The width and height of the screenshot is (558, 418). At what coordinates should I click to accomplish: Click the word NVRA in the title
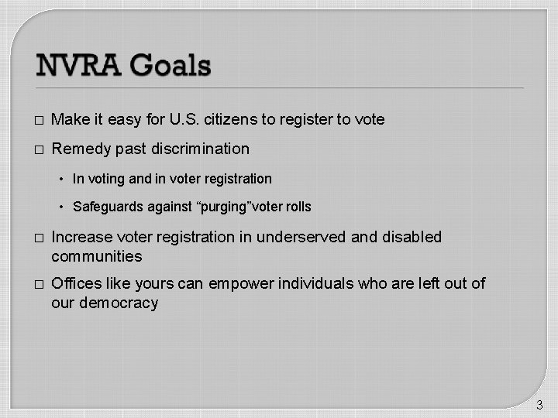78,65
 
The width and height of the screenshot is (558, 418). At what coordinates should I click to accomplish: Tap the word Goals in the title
170,65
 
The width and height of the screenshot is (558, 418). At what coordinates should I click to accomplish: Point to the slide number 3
539,404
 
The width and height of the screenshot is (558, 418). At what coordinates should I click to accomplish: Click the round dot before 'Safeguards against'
62,207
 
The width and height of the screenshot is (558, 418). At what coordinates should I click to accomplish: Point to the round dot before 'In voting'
62,180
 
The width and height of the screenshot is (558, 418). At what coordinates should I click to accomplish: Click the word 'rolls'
298,207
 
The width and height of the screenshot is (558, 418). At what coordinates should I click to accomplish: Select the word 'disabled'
414,237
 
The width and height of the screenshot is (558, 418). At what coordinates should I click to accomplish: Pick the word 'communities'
97,256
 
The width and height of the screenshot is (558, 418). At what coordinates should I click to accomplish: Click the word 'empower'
236,284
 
